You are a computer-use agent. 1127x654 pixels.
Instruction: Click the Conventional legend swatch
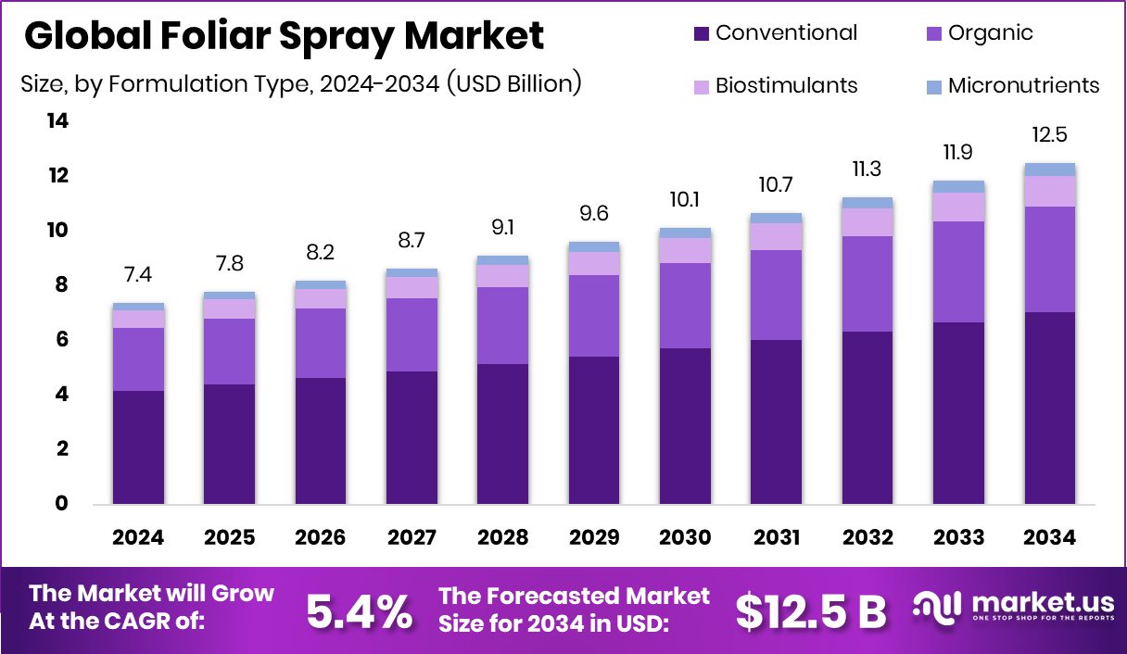(702, 34)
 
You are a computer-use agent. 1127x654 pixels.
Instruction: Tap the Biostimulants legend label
(786, 86)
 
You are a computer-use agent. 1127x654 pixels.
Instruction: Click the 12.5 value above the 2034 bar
(1049, 135)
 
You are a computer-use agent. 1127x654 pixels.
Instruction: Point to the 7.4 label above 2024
(138, 274)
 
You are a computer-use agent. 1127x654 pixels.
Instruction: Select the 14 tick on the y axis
(57, 121)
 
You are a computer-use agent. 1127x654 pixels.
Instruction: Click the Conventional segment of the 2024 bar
(138, 447)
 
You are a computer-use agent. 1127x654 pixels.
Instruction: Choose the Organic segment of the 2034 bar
(1049, 259)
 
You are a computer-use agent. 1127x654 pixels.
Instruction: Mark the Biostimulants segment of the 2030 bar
(685, 250)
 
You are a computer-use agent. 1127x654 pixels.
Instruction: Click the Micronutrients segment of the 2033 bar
(958, 186)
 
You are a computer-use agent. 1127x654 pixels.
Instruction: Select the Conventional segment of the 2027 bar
(412, 437)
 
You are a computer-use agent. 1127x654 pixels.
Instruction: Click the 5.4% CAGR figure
(359, 610)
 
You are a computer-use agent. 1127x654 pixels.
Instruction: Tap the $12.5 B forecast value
(811, 610)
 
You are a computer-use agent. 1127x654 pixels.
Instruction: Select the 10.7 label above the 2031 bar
(777, 184)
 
